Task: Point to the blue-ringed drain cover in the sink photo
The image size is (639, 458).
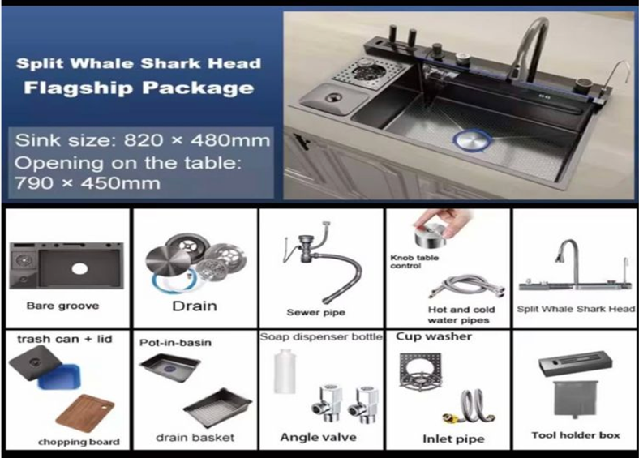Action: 472,140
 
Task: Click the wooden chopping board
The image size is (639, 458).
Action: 85,413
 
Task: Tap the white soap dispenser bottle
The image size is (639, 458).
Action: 284,371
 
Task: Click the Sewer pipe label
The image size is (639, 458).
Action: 315,313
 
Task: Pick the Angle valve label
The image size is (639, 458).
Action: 318,438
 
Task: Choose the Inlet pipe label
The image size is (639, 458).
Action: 453,439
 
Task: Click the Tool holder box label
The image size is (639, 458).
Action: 576,435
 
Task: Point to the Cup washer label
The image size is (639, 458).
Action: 434,336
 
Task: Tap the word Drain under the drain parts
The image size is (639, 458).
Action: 195,306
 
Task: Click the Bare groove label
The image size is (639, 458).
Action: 62,306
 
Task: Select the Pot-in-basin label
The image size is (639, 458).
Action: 175,343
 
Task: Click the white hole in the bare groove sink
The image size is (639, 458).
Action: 79,268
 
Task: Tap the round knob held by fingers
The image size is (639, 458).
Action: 431,235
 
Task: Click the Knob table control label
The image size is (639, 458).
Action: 414,262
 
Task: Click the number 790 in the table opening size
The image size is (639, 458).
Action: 34,183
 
